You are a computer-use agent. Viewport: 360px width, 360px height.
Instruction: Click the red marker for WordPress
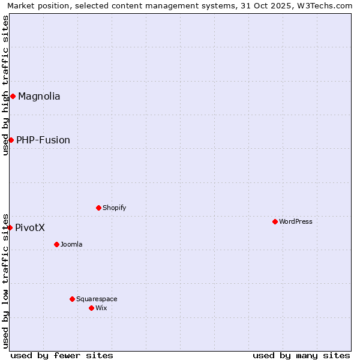(x=275, y=221)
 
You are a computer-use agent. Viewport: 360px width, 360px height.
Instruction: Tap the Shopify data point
(x=98, y=208)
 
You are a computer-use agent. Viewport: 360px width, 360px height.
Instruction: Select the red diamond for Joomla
(x=56, y=244)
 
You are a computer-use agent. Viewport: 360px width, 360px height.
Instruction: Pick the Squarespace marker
(x=72, y=299)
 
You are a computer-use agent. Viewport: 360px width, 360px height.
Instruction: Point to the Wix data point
(x=91, y=308)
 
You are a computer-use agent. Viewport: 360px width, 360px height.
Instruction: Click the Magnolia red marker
(x=13, y=96)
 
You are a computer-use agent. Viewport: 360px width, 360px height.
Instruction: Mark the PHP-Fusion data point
(x=11, y=140)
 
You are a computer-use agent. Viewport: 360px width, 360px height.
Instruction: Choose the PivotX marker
(x=10, y=227)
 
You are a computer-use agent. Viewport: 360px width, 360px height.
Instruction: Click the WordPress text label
(x=296, y=221)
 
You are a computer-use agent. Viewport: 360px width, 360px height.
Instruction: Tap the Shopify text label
(x=114, y=208)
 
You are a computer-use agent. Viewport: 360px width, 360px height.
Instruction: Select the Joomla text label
(x=71, y=244)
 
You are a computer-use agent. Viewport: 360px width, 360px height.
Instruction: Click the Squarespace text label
(x=97, y=299)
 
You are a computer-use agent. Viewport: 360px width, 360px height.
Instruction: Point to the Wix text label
(x=101, y=308)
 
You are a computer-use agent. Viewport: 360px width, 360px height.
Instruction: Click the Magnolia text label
(x=39, y=96)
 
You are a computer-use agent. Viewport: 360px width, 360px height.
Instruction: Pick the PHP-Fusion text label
(x=43, y=140)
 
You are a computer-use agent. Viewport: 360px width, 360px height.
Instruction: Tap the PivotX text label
(x=30, y=227)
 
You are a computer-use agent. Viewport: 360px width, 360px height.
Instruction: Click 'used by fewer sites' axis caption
(x=62, y=355)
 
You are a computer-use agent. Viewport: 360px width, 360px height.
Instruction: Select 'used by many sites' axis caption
(x=301, y=355)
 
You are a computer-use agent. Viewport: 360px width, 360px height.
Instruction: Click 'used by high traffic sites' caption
(x=5, y=85)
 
